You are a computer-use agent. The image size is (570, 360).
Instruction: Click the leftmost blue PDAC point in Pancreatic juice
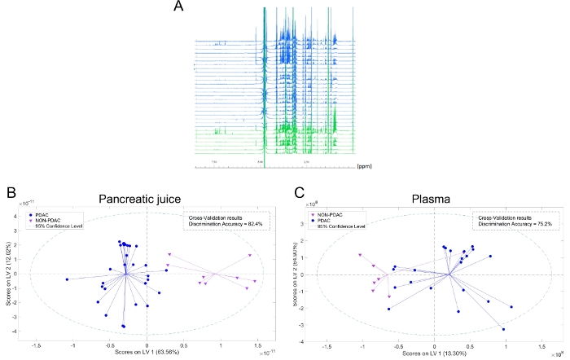(x=67, y=279)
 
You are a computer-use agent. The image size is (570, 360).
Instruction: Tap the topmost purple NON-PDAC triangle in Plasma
(x=358, y=255)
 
